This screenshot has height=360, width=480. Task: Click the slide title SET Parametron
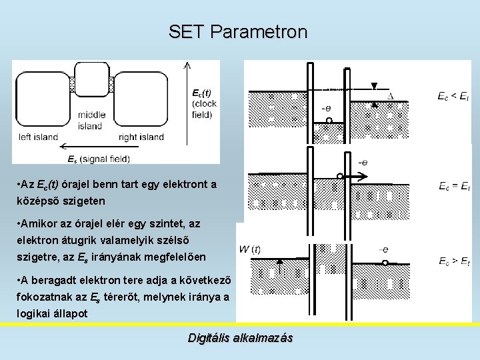(x=238, y=31)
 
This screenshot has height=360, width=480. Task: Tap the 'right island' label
(x=141, y=137)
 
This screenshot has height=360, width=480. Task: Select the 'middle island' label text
(x=90, y=120)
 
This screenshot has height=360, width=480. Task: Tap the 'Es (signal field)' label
(x=99, y=159)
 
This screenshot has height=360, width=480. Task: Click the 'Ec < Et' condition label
(x=453, y=97)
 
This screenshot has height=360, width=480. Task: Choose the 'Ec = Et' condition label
(x=454, y=186)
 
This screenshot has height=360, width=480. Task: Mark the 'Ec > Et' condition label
(x=453, y=261)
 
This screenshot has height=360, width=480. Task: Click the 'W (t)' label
(x=250, y=250)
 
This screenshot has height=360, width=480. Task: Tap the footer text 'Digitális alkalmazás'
(x=240, y=338)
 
